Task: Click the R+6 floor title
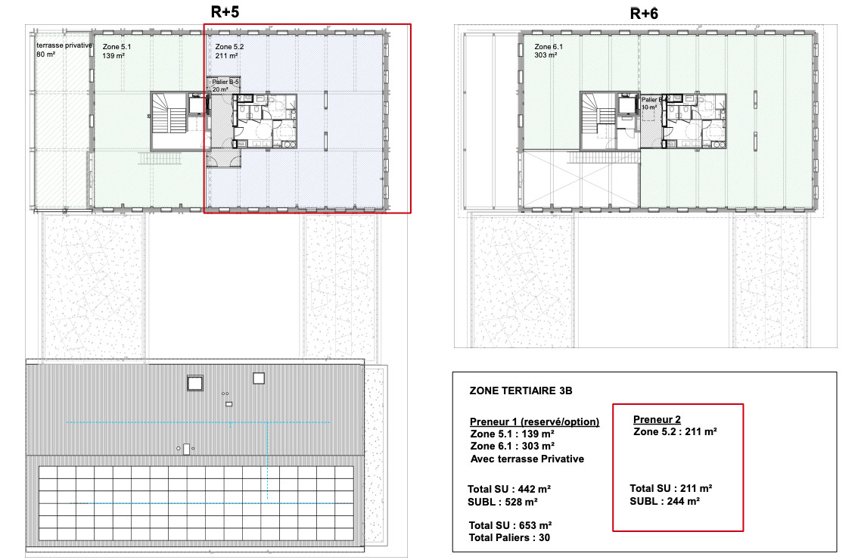645,14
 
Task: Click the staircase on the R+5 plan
169,121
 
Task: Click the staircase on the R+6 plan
598,121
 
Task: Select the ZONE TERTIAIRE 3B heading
521,391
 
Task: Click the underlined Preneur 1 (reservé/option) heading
534,422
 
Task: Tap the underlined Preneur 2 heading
657,419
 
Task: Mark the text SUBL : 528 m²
503,502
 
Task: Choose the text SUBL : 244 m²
664,501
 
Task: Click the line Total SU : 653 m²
510,525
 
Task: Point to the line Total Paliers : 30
508,537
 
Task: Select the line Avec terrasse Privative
527,459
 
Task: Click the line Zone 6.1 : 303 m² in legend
512,446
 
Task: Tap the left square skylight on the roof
195,383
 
